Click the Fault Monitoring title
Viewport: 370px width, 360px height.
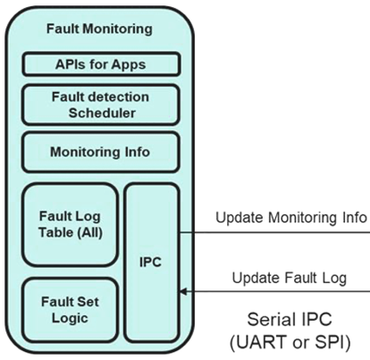tap(99, 29)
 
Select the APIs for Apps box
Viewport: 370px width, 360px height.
tap(101, 64)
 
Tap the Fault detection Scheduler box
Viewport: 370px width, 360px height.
tap(101, 105)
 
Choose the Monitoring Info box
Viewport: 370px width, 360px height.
tap(101, 152)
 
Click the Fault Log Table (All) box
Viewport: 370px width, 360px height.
tap(71, 224)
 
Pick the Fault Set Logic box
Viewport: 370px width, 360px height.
tap(71, 310)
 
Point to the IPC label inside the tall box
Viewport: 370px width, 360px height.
tap(150, 263)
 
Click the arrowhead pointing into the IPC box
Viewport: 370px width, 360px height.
tap(183, 291)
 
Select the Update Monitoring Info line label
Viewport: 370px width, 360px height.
tap(291, 217)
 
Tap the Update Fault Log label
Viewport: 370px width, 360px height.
tap(290, 278)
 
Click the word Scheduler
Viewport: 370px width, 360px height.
tap(102, 113)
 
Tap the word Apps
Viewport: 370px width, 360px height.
tap(129, 64)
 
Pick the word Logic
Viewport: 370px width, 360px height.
tap(70, 318)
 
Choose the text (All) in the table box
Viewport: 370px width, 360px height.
tap(90, 232)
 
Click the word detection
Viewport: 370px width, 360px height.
tap(119, 97)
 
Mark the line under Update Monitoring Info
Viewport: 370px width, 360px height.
tap(275, 232)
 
